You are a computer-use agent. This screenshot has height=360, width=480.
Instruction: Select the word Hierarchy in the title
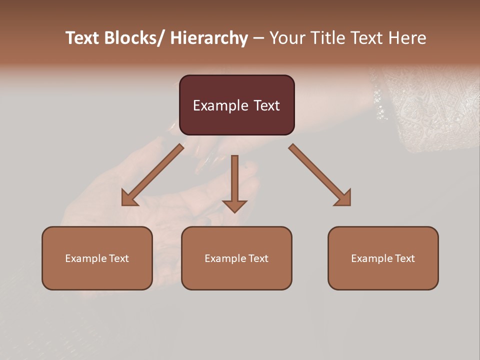pos(209,38)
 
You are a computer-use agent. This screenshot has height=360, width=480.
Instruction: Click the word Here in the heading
pos(407,38)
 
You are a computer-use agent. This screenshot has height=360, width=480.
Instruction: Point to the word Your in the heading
pos(286,38)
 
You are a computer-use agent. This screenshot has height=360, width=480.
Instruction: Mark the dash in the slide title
pos(258,38)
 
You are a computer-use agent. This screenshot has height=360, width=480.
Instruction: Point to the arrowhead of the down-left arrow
pos(129,198)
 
